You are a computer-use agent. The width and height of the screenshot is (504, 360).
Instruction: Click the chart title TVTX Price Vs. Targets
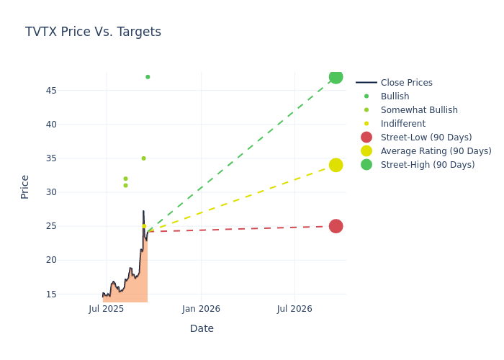point(93,32)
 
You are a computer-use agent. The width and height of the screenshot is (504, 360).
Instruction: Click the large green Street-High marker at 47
point(336,77)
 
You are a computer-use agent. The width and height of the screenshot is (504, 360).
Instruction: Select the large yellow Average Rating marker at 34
point(336,165)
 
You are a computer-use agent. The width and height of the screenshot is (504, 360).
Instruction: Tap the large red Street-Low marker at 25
point(336,226)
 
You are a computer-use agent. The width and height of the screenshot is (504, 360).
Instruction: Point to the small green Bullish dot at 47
point(148,77)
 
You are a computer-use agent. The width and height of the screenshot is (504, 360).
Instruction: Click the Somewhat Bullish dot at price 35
point(143,158)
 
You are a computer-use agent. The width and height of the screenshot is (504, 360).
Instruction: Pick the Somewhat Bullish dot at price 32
point(125,179)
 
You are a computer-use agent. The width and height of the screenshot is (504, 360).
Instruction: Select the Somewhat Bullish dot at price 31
point(125,186)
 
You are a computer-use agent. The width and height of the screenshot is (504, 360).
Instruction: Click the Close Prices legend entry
point(406,83)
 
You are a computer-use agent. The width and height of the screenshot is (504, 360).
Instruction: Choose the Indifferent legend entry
point(402,124)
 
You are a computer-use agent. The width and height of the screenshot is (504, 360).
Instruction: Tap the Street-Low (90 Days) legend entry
point(426,138)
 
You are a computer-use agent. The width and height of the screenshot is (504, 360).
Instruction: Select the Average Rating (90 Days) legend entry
point(436,151)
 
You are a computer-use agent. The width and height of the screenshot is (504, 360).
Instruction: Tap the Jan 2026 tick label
point(201,309)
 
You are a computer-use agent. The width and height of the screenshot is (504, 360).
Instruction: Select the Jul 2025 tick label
point(107,309)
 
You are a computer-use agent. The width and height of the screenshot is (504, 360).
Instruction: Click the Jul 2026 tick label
point(294,309)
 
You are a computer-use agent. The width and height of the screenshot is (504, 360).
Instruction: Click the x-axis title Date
point(202,329)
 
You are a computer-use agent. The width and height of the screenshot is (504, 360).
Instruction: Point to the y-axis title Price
point(25,186)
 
